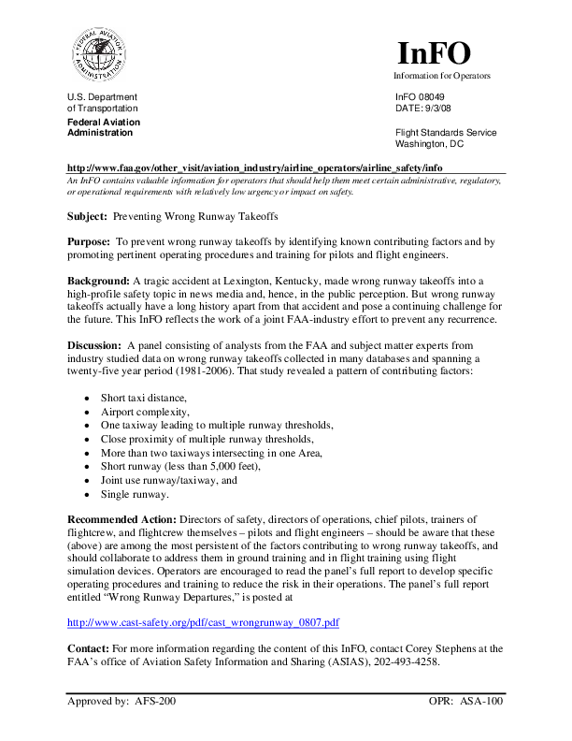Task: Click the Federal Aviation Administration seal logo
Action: (94, 53)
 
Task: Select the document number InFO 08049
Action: (420, 97)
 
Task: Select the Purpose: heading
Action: (88, 241)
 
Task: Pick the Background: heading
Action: (98, 281)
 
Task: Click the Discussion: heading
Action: (97, 345)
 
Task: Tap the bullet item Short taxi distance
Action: (143, 399)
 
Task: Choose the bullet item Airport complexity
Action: (145, 412)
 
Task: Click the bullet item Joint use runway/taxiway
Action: (169, 480)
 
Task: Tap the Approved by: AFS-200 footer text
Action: (122, 701)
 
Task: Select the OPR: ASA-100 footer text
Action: (466, 701)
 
